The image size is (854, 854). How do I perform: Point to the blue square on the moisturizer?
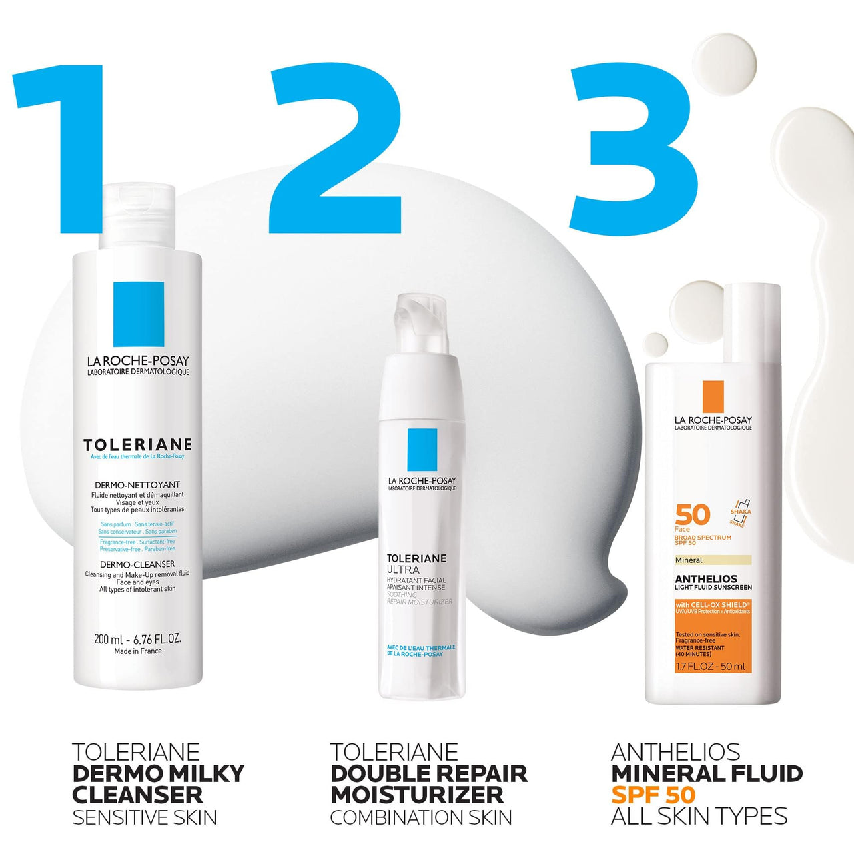422,450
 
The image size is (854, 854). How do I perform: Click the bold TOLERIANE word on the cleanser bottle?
138,445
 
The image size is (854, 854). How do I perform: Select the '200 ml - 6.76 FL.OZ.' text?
138,639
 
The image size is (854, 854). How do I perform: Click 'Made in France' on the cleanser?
138,651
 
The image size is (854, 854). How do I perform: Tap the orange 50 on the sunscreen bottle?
693,515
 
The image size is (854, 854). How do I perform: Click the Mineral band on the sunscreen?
713,560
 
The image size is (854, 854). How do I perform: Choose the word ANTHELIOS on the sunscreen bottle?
706,579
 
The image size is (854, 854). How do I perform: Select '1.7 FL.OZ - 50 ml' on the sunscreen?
711,667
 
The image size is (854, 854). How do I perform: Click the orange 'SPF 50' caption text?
653,795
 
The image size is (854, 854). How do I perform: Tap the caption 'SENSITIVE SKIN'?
145,817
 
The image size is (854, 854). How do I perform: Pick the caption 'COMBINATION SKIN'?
421,817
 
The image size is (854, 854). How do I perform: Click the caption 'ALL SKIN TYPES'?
699,816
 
